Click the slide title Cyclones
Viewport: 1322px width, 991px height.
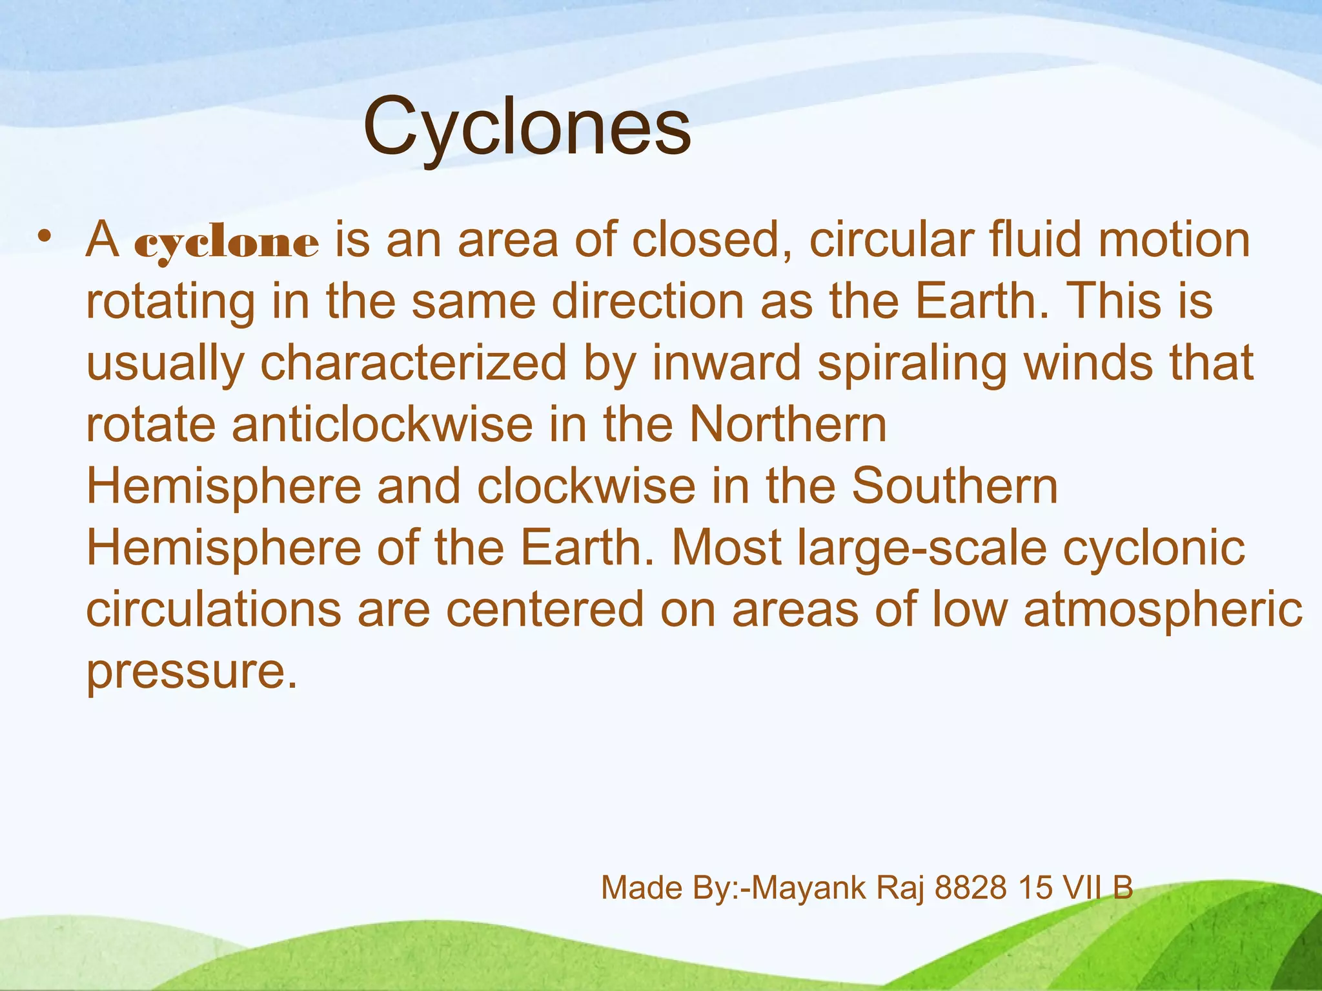tap(527, 127)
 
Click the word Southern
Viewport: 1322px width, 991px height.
tap(955, 486)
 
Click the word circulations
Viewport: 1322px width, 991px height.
tap(214, 610)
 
